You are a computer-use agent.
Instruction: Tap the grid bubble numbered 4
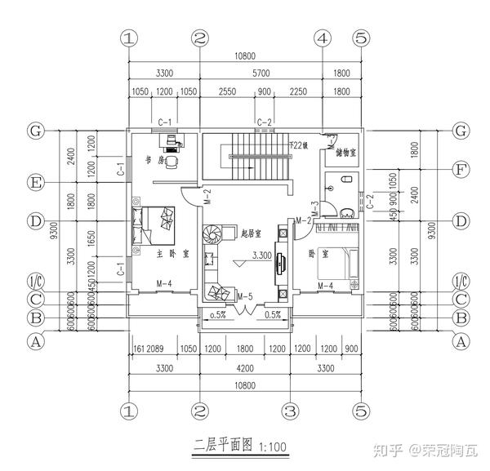323,38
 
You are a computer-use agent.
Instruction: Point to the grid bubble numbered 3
287,409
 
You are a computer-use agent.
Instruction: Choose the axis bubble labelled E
35,182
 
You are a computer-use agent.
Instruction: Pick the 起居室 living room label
252,233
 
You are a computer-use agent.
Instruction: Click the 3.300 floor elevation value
262,255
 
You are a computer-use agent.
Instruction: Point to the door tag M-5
245,294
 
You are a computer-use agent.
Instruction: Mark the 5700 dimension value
261,73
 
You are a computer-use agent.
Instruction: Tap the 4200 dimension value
244,368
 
